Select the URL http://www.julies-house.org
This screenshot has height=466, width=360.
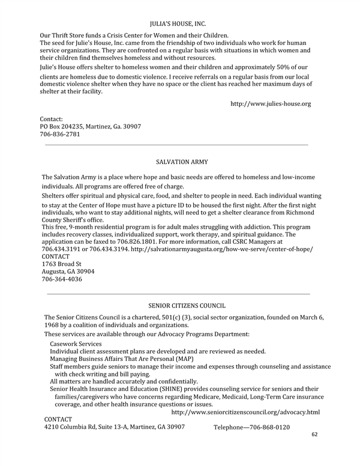(x=271, y=104)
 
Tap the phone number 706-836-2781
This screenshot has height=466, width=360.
(x=59, y=135)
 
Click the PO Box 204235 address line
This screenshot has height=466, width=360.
(x=90, y=127)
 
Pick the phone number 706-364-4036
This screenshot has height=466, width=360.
(x=61, y=279)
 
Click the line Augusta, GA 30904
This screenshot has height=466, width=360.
(x=68, y=271)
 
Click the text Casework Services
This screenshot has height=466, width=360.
(x=76, y=343)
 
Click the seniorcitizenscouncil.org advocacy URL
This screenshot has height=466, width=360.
(x=245, y=413)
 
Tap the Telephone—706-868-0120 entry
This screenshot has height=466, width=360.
(x=251, y=427)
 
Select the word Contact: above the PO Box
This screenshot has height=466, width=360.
(x=52, y=120)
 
